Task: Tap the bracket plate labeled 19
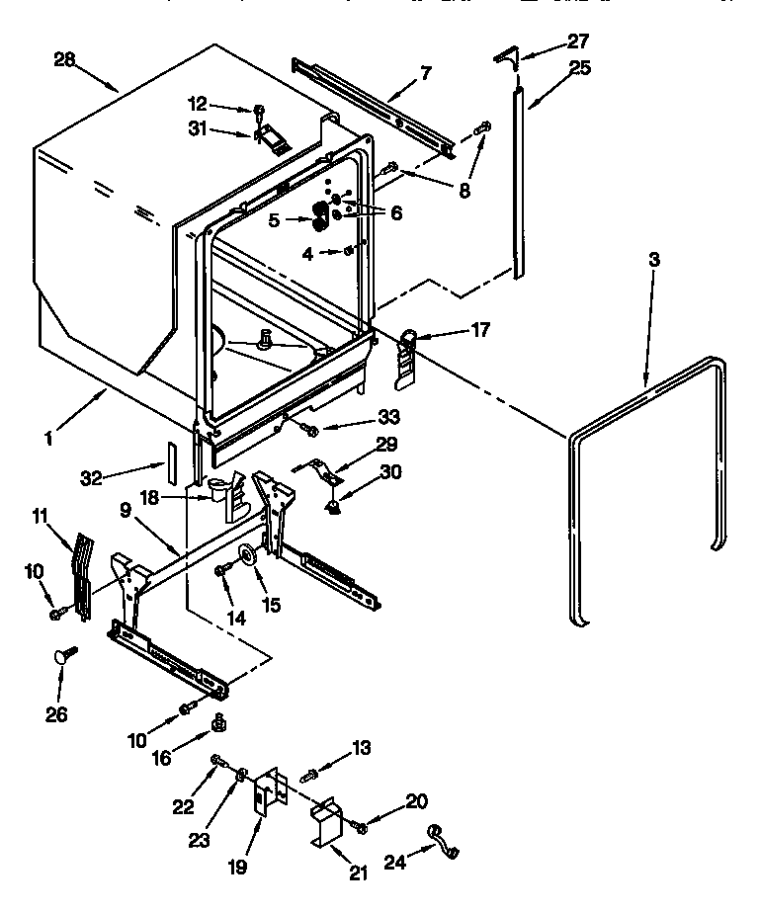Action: [x=266, y=794]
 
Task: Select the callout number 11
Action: [x=41, y=515]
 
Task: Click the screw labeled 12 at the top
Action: [x=259, y=111]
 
